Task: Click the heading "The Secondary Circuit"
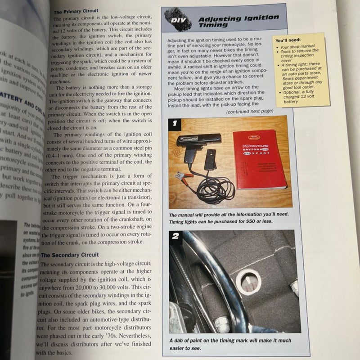69,255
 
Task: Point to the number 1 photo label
175,122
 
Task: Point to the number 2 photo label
175,237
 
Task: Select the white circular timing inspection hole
248,282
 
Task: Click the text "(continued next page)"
249,111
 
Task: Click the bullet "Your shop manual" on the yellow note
297,47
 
